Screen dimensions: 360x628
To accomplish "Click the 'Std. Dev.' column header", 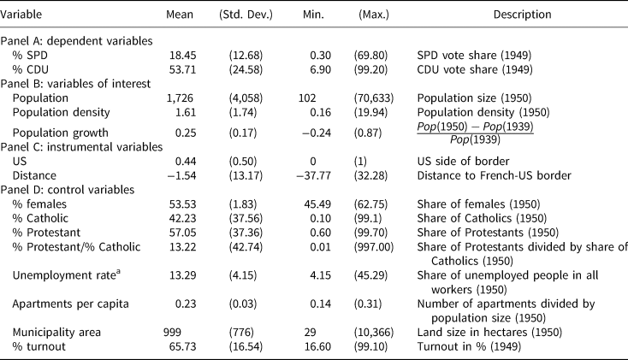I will coord(244,15).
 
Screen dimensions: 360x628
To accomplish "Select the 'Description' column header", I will coord(522,15).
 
